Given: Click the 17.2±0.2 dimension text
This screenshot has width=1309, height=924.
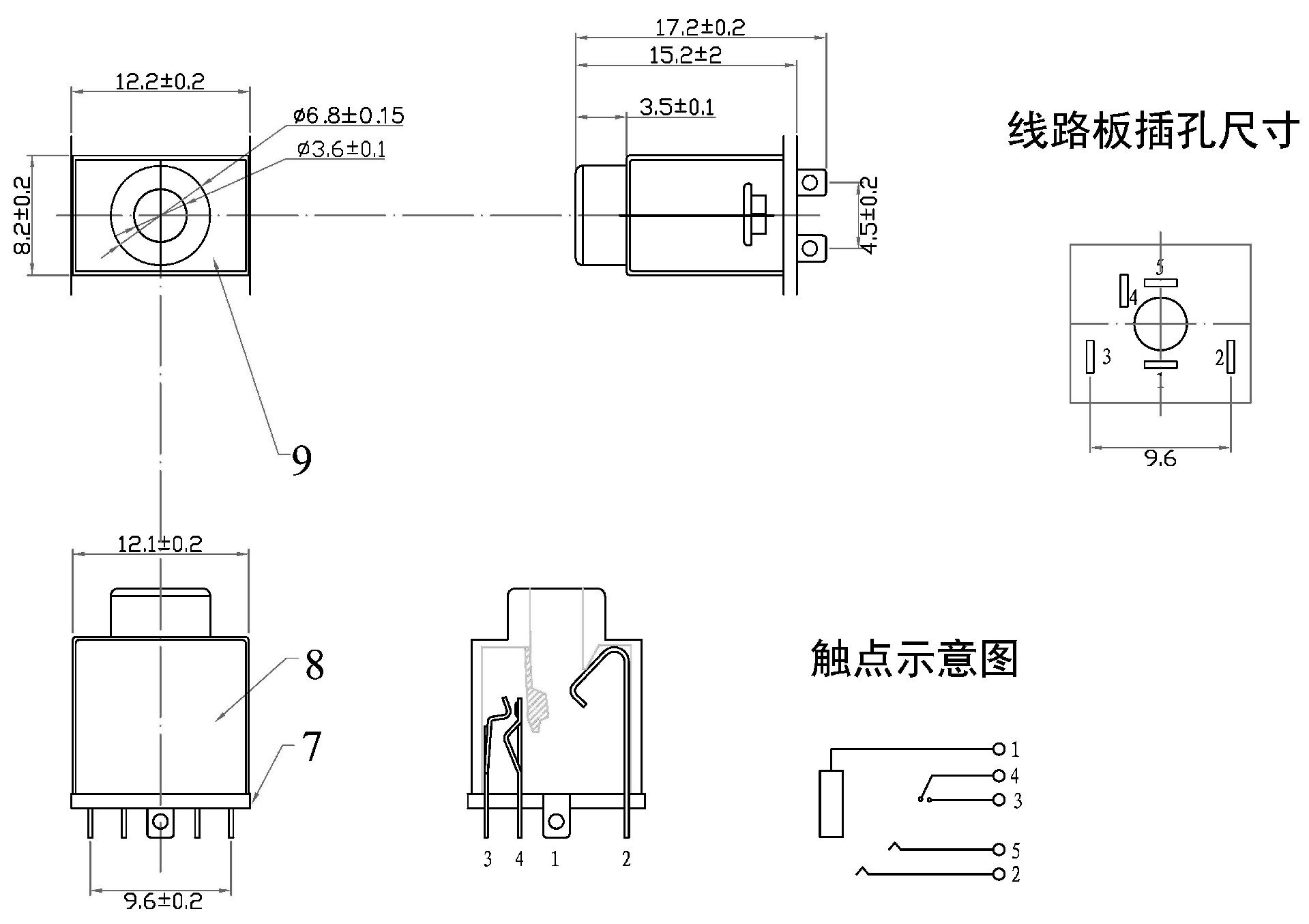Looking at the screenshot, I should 700,28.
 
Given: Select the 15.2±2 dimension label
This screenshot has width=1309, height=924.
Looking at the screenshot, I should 685,55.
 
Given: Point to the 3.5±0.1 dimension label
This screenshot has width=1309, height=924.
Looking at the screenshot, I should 676,107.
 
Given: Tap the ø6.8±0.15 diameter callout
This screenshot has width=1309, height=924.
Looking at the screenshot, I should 349,115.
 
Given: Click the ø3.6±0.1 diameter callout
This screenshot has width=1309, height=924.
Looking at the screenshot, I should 340,149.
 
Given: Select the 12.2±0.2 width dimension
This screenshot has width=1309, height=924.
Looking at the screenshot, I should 160,82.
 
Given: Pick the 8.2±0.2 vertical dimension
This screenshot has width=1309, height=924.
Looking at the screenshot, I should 22,216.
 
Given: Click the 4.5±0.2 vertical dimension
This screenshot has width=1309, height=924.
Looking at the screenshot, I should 869,216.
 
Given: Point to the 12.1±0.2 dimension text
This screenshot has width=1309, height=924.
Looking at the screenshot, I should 160,544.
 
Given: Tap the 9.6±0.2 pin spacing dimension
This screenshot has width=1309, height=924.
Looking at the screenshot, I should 163,901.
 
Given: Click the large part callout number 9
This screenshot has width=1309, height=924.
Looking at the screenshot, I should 301,460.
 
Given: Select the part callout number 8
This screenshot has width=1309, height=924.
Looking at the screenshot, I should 314,665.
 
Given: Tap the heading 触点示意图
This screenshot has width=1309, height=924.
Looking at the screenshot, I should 914,659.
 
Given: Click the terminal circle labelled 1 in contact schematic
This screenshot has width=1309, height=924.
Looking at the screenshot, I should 999,749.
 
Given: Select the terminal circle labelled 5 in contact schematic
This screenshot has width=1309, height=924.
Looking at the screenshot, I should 999,850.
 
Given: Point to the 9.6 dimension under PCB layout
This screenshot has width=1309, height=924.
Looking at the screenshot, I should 1160,459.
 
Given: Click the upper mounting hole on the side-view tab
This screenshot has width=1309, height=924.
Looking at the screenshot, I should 810,183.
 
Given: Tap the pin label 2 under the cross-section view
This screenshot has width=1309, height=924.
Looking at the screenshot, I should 626,859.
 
